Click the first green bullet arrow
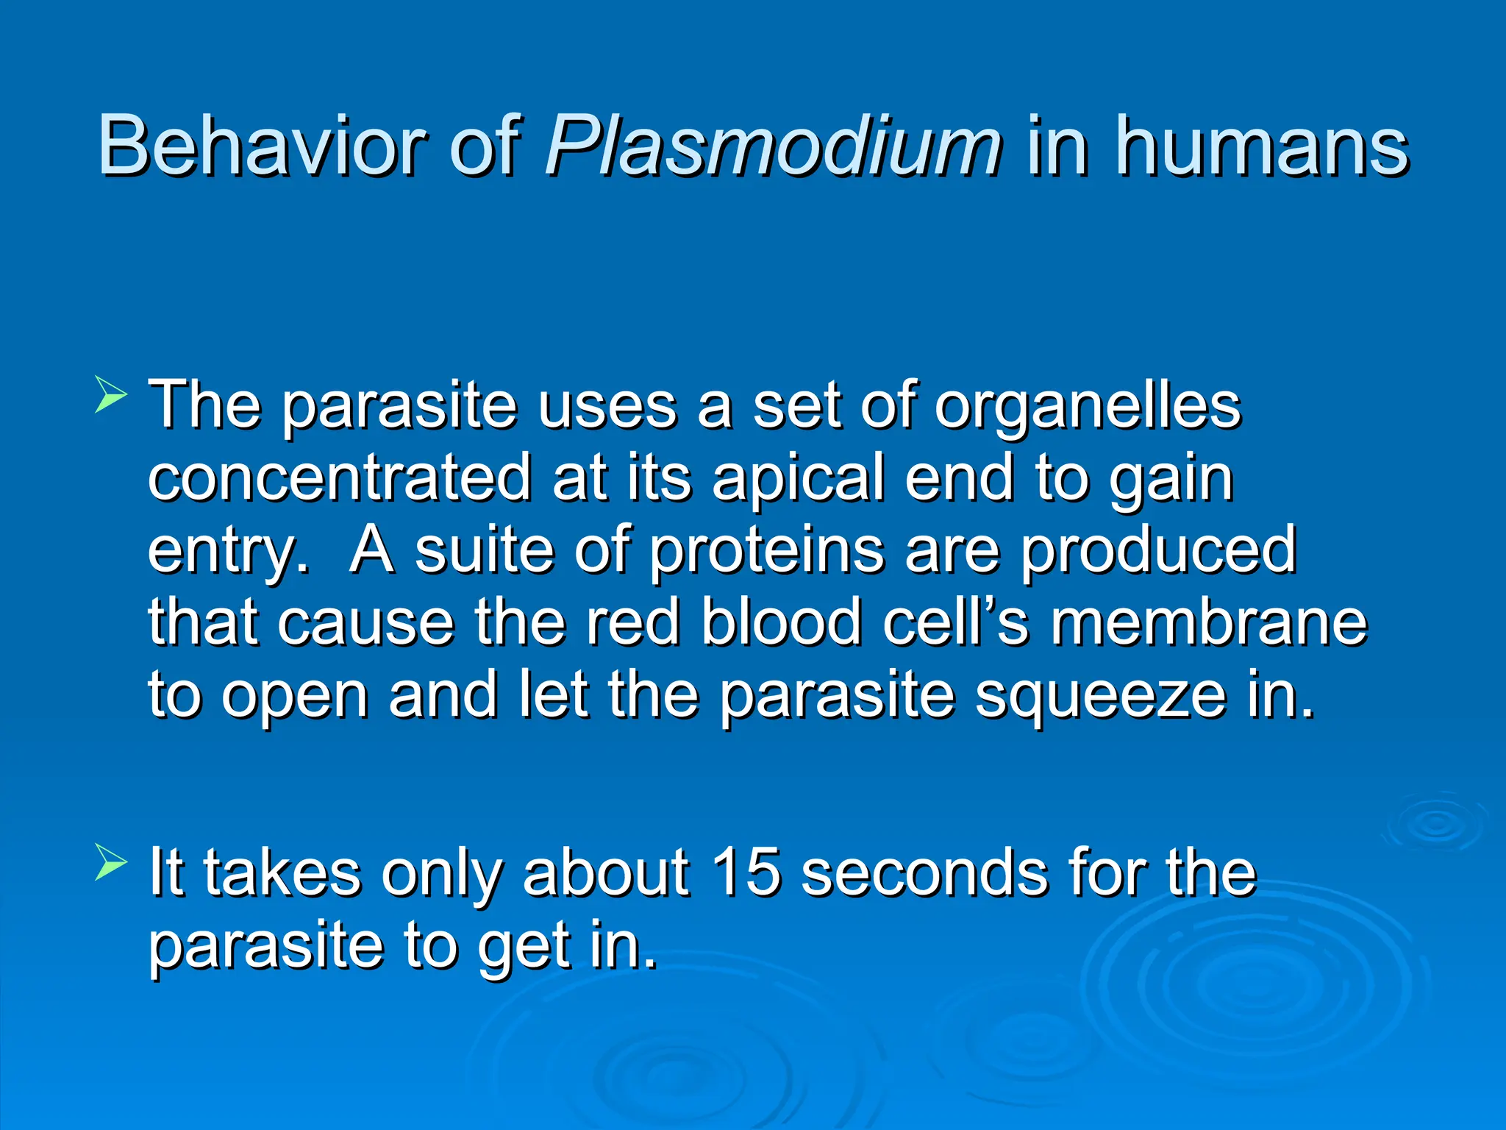click(111, 394)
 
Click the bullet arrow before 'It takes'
click(111, 862)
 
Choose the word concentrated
click(339, 477)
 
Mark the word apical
click(798, 479)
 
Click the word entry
click(227, 552)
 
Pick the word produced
click(1158, 552)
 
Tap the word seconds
click(924, 873)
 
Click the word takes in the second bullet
click(282, 873)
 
